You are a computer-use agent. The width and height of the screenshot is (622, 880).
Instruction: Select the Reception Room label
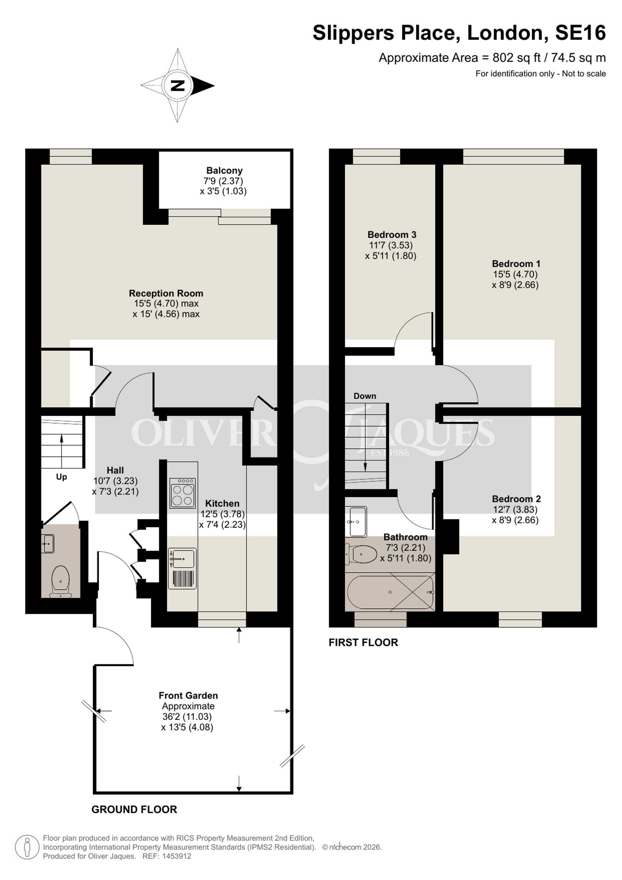pyautogui.click(x=166, y=293)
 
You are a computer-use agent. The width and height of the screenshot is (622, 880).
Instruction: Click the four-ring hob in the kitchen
pyautogui.click(x=182, y=493)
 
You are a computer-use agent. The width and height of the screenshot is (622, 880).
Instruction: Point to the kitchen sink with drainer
pyautogui.click(x=182, y=569)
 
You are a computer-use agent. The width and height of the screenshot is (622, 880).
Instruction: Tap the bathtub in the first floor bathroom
pyautogui.click(x=390, y=592)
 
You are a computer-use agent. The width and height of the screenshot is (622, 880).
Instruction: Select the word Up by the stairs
pyautogui.click(x=61, y=477)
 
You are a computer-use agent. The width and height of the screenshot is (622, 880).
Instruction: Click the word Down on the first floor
pyautogui.click(x=364, y=396)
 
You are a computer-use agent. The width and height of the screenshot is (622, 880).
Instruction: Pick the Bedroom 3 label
pyautogui.click(x=392, y=235)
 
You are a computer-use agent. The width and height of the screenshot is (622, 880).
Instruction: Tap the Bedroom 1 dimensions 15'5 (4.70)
pyautogui.click(x=515, y=274)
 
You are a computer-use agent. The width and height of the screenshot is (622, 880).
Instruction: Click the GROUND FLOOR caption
pyautogui.click(x=134, y=809)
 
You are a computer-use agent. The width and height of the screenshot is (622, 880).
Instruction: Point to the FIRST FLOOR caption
pyautogui.click(x=363, y=642)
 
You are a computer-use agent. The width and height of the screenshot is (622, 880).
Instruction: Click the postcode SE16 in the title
pyautogui.click(x=580, y=33)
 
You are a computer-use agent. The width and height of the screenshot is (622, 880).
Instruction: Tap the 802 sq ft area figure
pyautogui.click(x=516, y=58)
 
